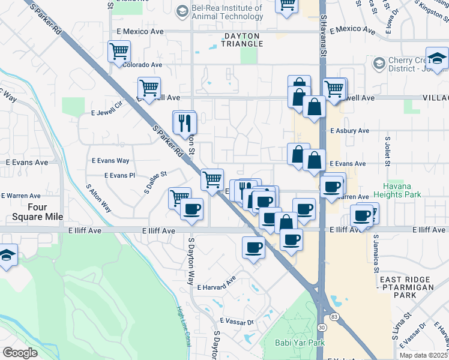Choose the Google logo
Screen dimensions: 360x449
point(20,352)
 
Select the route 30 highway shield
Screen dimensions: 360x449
point(322,327)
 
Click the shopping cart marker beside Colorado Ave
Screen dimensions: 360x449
point(119,51)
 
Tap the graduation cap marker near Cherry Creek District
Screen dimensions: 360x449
point(437,58)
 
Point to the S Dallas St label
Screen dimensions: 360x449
point(154,182)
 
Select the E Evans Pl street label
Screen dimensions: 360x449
point(119,175)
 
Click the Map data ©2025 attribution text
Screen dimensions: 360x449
point(423,355)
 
